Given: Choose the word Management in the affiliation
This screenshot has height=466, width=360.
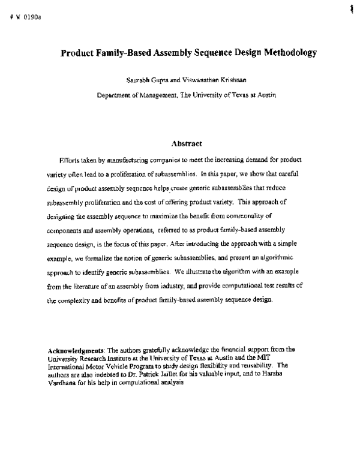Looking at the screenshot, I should (x=172, y=95).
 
